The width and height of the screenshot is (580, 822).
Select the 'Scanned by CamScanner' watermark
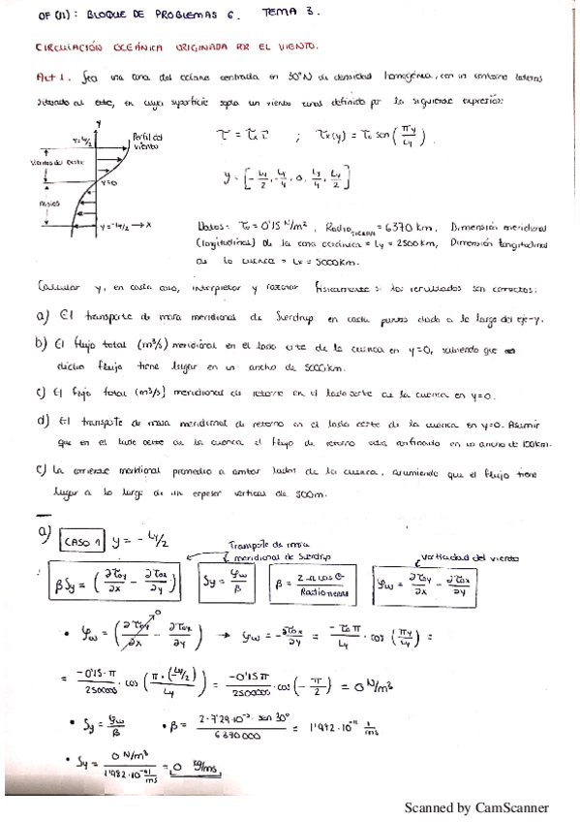pyautogui.click(x=475, y=806)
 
